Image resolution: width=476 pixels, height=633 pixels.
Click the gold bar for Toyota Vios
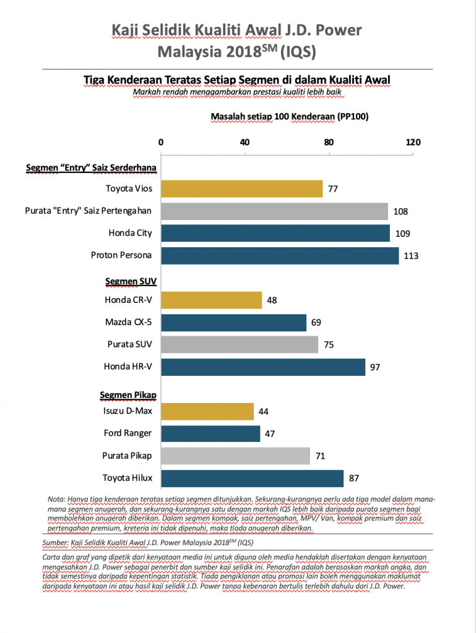242,189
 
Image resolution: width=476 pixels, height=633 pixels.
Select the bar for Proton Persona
280,255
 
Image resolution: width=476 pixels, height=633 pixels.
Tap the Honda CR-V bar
212,300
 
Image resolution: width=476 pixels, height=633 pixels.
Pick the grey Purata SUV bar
240,345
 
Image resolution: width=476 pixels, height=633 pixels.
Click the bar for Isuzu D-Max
207,412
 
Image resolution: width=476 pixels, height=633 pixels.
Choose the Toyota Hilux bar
253,478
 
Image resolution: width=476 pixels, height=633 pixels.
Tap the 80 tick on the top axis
329,142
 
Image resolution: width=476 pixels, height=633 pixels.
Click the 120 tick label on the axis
412,142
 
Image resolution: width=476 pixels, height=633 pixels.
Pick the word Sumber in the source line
57,542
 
